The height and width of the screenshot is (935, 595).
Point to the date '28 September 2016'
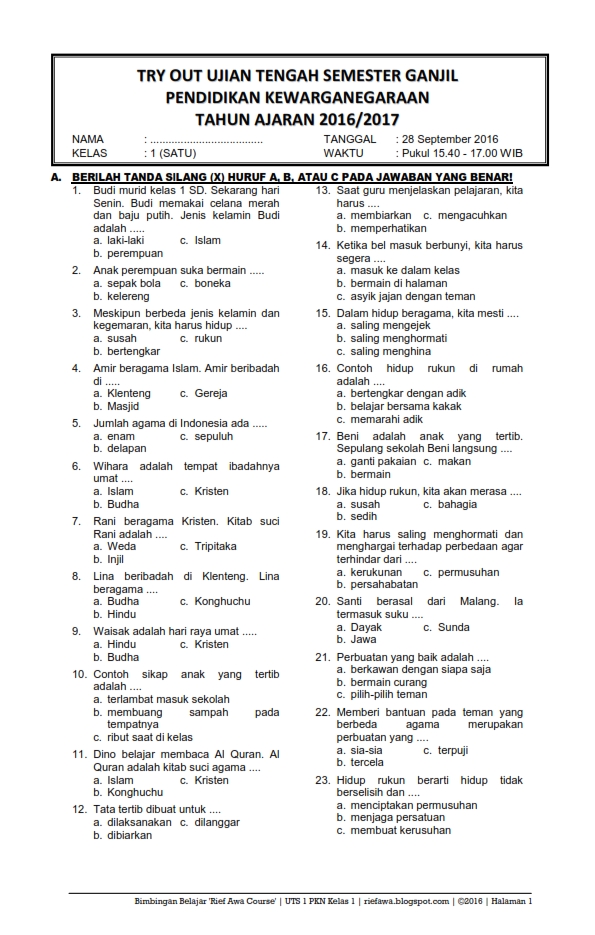pos(449,139)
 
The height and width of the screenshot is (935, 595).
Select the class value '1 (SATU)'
pos(171,154)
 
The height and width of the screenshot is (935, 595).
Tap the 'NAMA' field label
pos(88,139)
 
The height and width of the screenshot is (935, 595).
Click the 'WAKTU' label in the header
pos(344,154)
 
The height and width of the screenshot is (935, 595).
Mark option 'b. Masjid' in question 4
pos(116,406)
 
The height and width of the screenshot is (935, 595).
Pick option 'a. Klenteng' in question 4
pos(122,393)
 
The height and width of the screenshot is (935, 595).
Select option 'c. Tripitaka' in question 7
pos(208,546)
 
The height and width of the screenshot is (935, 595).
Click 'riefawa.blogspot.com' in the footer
pos(406,901)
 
